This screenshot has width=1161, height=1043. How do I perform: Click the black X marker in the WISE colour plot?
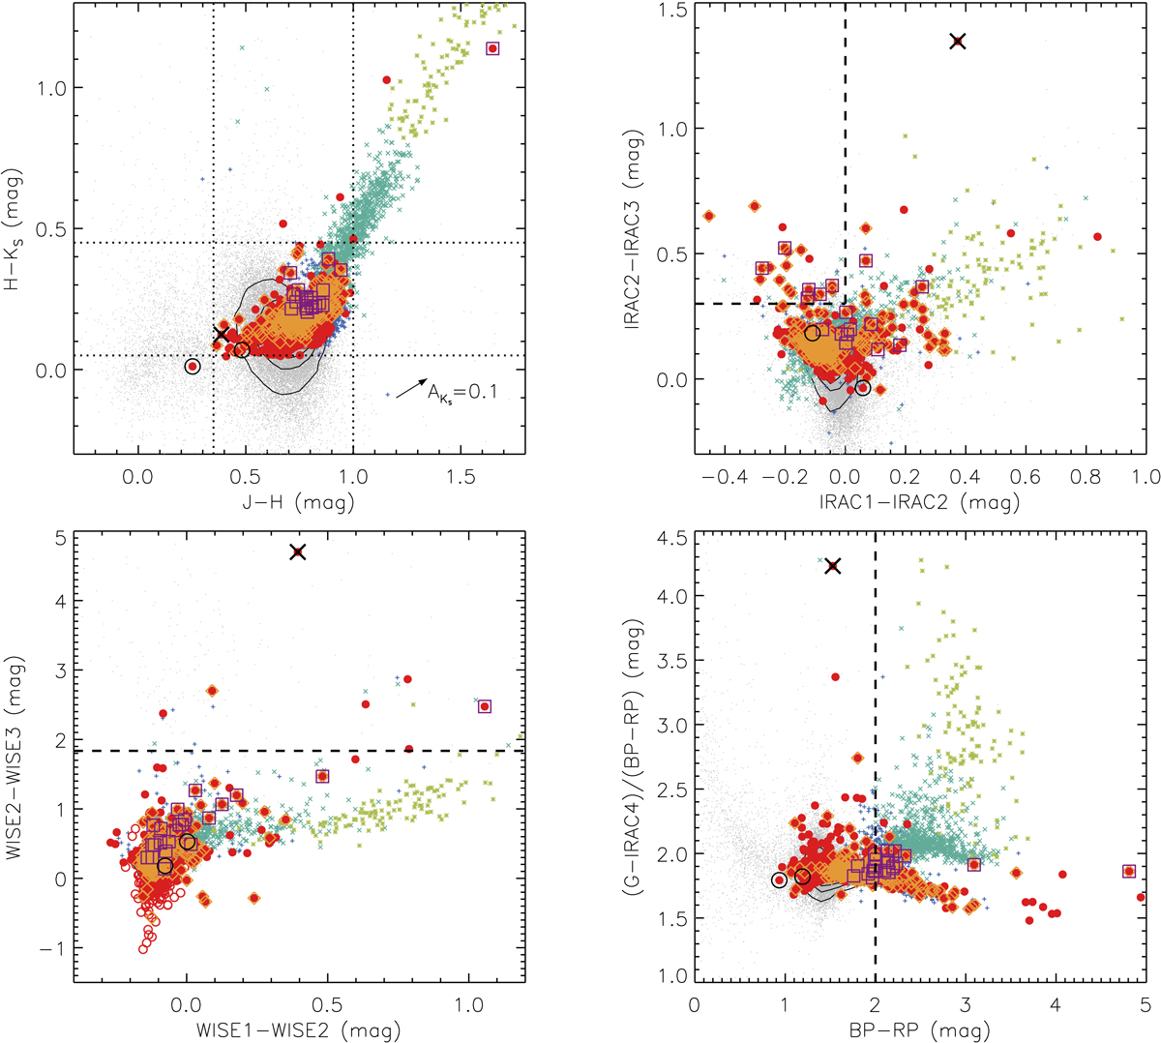pyautogui.click(x=297, y=551)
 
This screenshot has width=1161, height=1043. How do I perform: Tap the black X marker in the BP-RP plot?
pyautogui.click(x=832, y=566)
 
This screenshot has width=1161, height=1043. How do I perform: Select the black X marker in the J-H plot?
pyautogui.click(x=222, y=334)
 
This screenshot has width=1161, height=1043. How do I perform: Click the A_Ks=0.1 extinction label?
pyautogui.click(x=462, y=392)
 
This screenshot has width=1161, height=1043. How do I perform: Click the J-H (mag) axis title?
pyautogui.click(x=298, y=502)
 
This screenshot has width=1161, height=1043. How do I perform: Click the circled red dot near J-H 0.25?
pyautogui.click(x=193, y=367)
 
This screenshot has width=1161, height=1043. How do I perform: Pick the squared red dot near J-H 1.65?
pyautogui.click(x=492, y=48)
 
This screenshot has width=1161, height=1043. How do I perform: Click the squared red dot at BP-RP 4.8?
pyautogui.click(x=1128, y=871)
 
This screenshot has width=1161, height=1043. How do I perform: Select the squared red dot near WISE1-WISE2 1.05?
pyautogui.click(x=485, y=706)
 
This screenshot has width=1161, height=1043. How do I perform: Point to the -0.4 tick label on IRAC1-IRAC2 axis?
pyautogui.click(x=726, y=476)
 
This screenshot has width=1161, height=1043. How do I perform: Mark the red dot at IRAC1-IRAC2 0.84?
pyautogui.click(x=1097, y=236)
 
